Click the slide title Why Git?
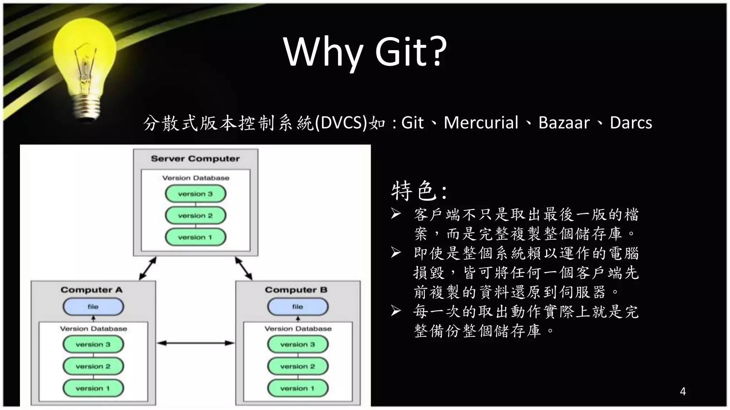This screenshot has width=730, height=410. coord(365,52)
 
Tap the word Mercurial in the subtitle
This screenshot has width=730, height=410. coord(480,123)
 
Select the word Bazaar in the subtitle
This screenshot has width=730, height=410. coord(564,123)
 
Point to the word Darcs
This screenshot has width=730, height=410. coord(631,123)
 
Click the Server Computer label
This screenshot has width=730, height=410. coord(195,159)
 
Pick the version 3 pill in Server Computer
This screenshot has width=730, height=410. coord(195,194)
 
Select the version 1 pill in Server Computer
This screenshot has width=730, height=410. coord(195,237)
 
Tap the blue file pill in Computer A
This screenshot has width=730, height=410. coord(93,307)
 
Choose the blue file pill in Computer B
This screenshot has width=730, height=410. coord(298,307)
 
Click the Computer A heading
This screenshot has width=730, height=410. coord(92,290)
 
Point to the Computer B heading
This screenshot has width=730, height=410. coord(296,290)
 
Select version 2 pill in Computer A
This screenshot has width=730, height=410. coord(93,366)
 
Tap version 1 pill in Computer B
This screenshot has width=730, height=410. coord(298,388)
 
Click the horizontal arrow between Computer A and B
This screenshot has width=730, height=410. coord(195,343)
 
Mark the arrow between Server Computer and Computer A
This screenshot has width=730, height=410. coord(148,268)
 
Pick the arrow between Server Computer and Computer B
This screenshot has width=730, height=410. coord(244,268)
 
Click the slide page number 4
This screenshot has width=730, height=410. coord(683,391)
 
